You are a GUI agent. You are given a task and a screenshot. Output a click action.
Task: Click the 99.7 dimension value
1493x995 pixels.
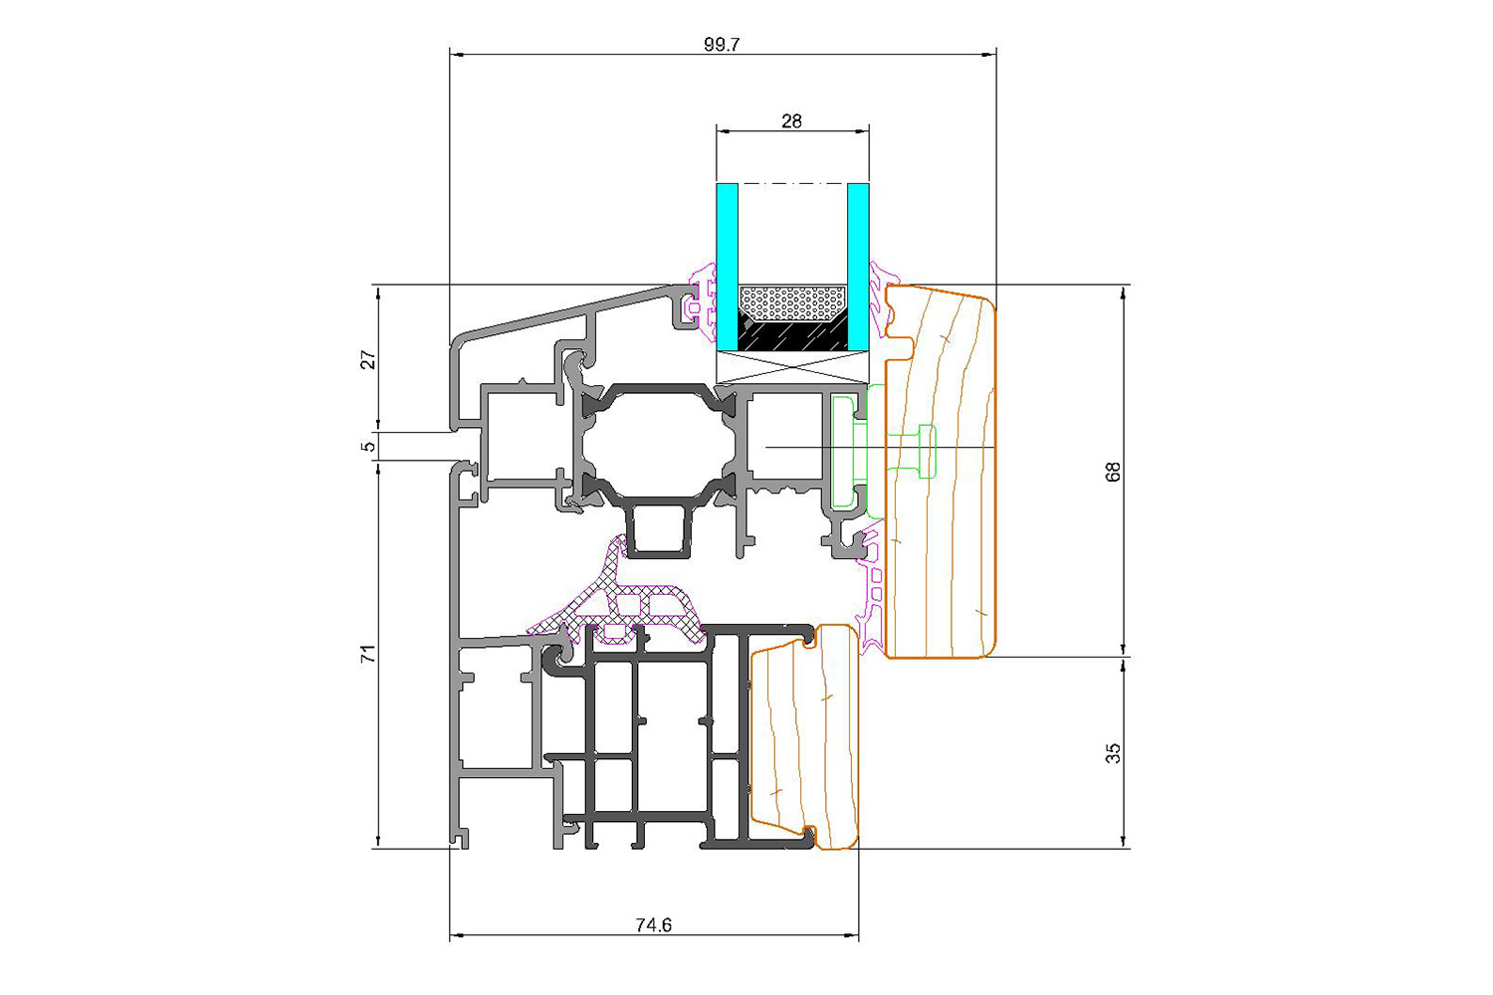(x=722, y=45)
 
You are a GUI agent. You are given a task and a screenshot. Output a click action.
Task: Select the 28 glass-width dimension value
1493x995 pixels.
(x=792, y=121)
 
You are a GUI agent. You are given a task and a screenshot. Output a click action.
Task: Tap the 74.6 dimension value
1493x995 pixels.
(x=653, y=925)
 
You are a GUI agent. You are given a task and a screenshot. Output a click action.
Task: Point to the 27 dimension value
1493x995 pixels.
(x=368, y=359)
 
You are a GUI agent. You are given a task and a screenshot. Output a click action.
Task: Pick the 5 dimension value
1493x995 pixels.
(x=368, y=446)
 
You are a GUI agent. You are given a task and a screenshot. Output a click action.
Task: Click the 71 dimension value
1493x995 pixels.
(x=368, y=653)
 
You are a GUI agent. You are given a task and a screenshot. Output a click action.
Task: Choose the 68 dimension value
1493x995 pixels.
(x=1113, y=472)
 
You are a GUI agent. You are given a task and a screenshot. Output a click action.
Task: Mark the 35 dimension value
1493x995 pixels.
(x=1113, y=753)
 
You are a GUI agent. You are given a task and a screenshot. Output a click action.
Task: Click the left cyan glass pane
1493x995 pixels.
(x=728, y=267)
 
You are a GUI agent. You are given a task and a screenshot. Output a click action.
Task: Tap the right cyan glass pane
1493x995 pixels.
(x=858, y=267)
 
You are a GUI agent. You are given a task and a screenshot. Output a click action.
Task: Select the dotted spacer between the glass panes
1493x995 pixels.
(x=792, y=303)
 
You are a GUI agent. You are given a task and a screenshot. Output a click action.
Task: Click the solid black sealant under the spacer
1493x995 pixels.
(x=792, y=336)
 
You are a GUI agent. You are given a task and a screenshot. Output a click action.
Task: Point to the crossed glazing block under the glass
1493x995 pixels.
(x=792, y=367)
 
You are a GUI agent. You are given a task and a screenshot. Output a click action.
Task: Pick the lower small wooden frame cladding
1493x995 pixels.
(x=804, y=737)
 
